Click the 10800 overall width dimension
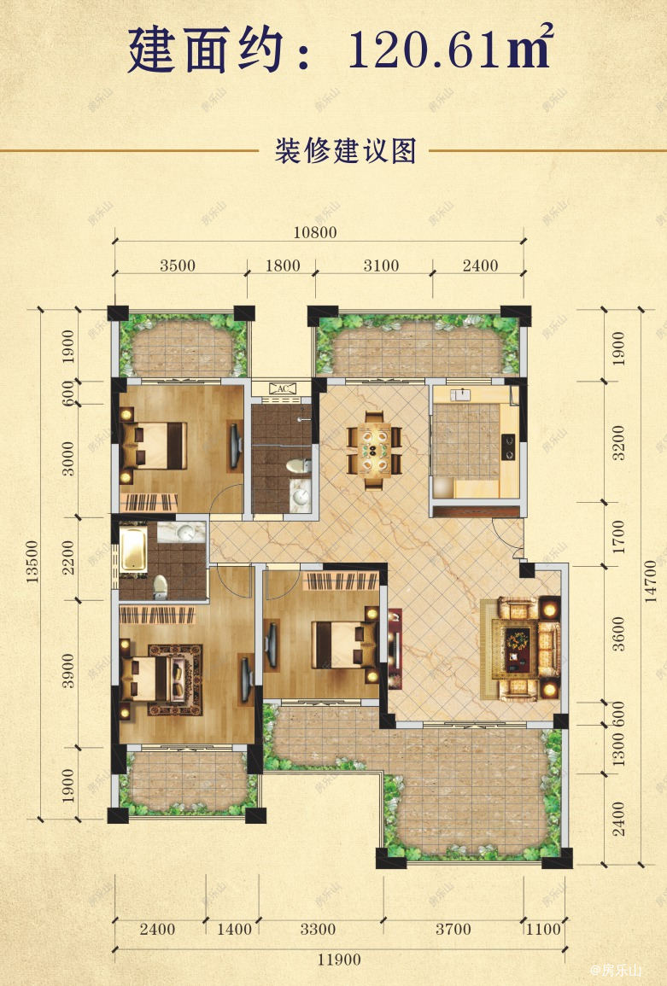pyautogui.click(x=314, y=233)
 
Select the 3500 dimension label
pyautogui.click(x=178, y=265)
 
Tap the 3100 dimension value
pyautogui.click(x=381, y=265)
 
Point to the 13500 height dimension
pyautogui.click(x=32, y=562)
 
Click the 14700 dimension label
pyautogui.click(x=652, y=581)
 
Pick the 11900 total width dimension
pyautogui.click(x=339, y=960)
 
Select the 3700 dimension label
pyautogui.click(x=453, y=930)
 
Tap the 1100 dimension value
pyautogui.click(x=543, y=930)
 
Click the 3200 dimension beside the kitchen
pyautogui.click(x=619, y=443)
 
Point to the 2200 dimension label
pyautogui.click(x=68, y=557)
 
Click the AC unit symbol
pyautogui.click(x=282, y=388)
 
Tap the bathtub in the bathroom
pyautogui.click(x=133, y=550)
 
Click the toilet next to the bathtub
pyautogui.click(x=161, y=586)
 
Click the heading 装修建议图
pyautogui.click(x=345, y=151)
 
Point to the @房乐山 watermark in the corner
pyautogui.click(x=617, y=971)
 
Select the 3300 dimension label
pyautogui.click(x=318, y=930)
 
